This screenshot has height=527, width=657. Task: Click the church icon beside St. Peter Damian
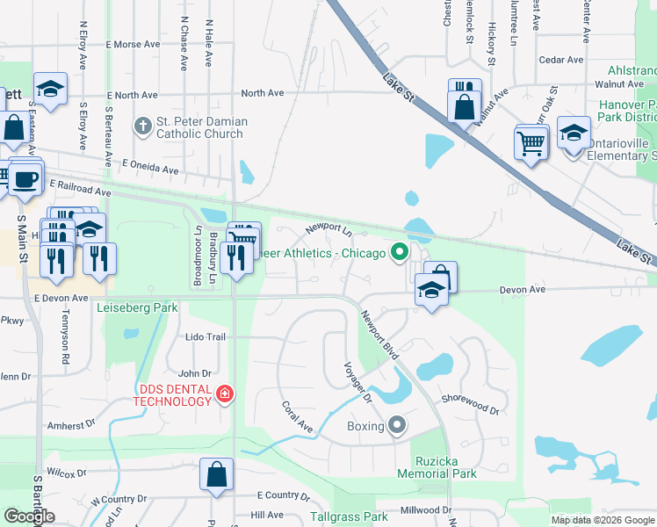point(143,127)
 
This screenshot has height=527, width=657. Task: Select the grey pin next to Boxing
point(397,426)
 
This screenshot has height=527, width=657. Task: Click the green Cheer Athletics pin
point(400,253)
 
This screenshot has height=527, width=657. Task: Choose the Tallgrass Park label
point(349,517)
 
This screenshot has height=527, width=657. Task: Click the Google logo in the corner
point(29,516)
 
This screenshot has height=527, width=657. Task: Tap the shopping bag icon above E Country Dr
point(216,474)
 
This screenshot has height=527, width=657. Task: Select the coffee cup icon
point(25,178)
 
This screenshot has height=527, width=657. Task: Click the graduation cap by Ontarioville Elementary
point(574,133)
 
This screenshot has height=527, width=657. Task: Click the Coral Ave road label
point(297,416)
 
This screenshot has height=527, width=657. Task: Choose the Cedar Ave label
point(562,60)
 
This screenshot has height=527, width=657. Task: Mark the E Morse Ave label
point(133,44)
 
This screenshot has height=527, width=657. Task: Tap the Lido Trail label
point(206,336)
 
